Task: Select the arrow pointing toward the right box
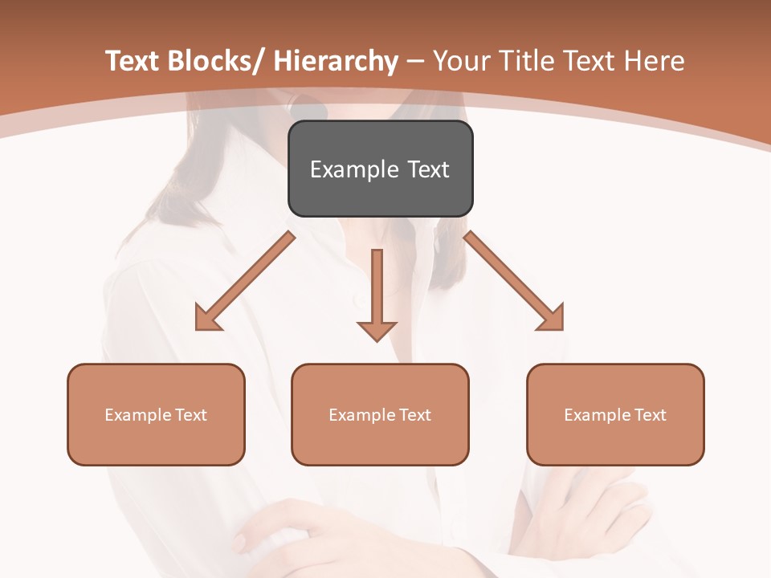pos(514,282)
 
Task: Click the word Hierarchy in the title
pos(336,62)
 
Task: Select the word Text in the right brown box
pos(651,415)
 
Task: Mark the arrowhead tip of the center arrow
pos(377,340)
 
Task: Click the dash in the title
pos(415,62)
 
